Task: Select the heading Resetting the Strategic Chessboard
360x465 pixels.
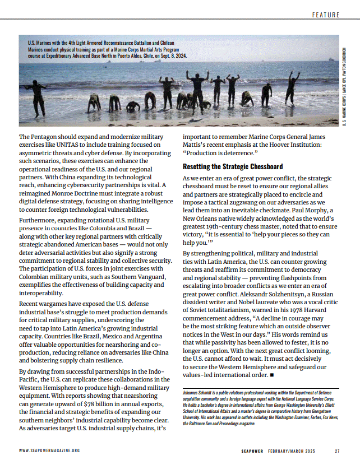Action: click(233, 166)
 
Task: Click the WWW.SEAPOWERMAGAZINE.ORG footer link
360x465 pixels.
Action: click(49, 450)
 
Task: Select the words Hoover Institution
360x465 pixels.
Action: click(294, 144)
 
